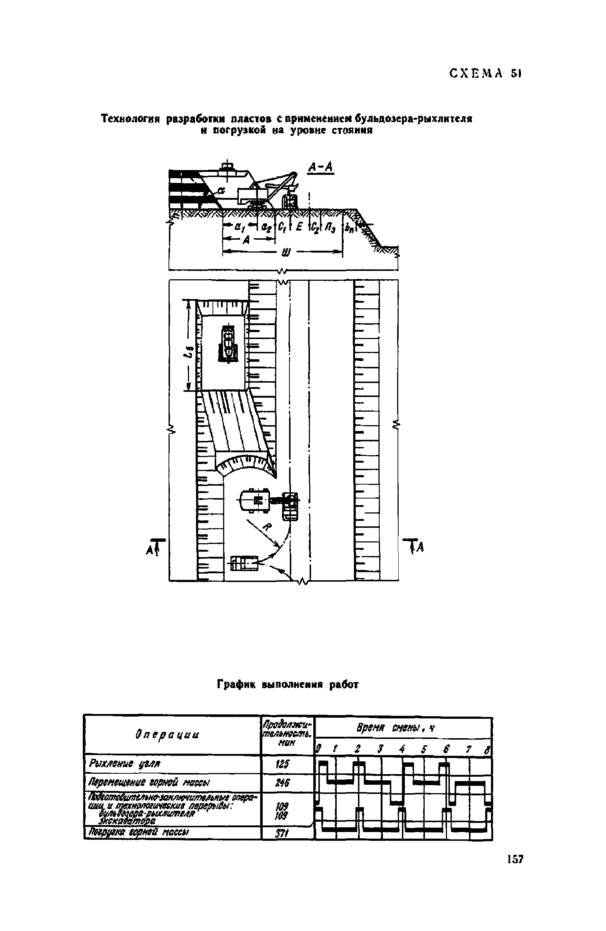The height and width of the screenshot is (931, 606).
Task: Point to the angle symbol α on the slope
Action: point(221,190)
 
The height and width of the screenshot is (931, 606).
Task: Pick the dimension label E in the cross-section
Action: point(299,227)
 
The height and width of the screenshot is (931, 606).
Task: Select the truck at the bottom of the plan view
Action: point(244,563)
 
